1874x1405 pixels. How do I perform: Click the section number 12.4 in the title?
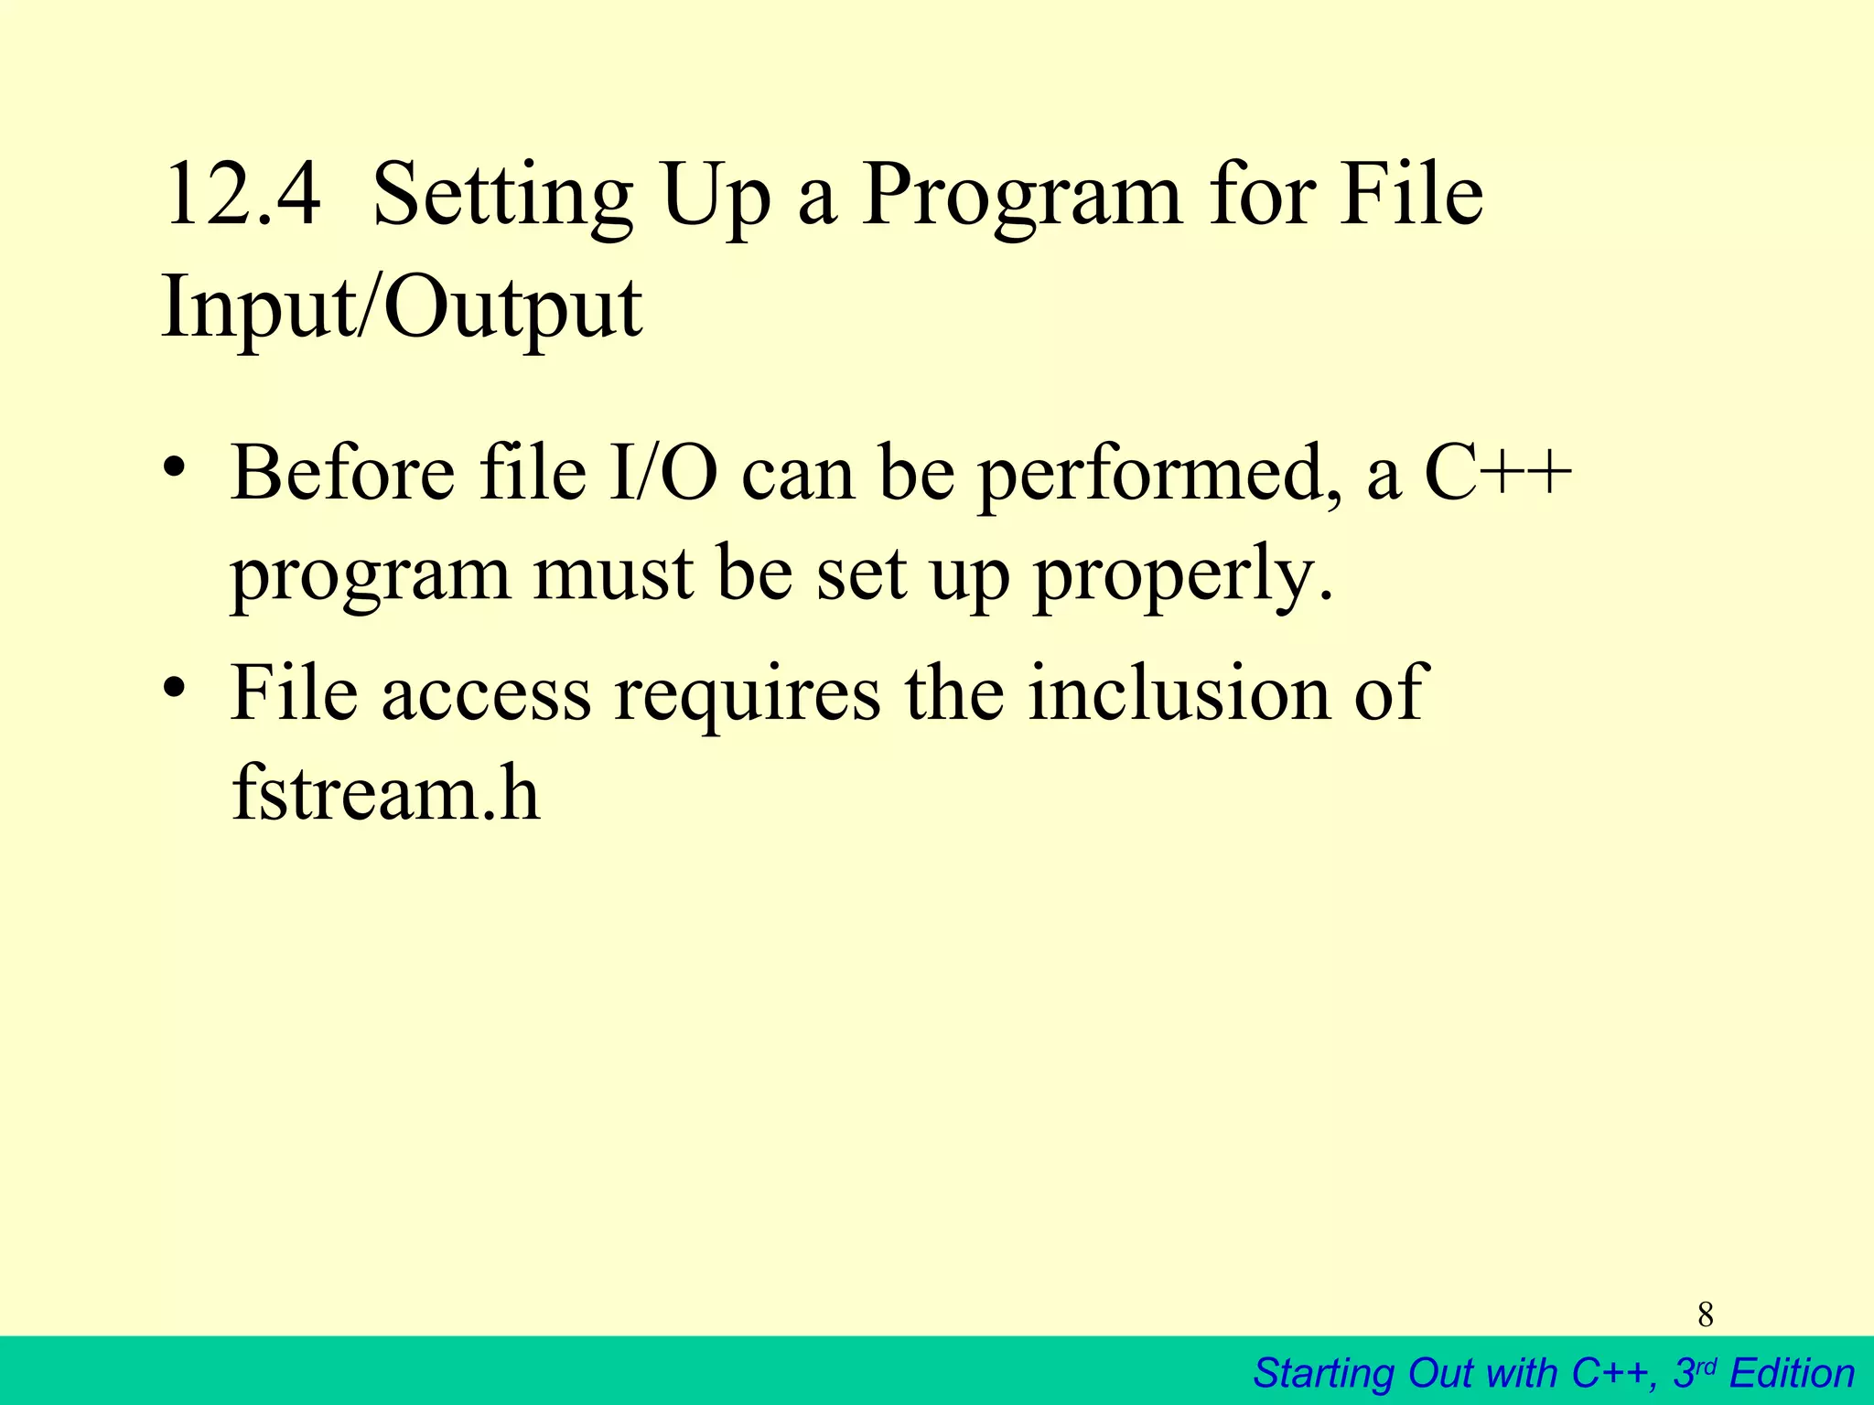point(242,194)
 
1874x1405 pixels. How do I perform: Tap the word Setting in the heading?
point(502,196)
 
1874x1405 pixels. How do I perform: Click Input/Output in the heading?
point(402,308)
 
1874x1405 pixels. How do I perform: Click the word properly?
point(1183,577)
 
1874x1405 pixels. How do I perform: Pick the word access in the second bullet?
point(486,693)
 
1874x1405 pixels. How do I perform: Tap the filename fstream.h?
point(385,792)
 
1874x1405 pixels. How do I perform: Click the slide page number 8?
point(1706,1315)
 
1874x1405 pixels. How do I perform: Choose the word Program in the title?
point(1022,198)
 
